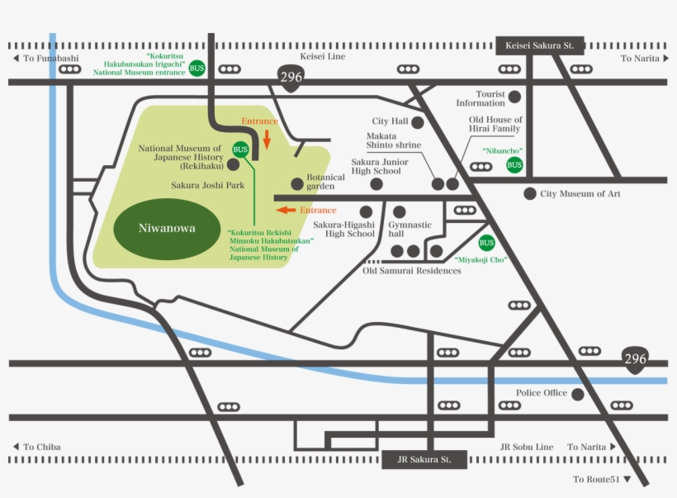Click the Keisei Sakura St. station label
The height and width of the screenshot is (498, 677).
(x=540, y=45)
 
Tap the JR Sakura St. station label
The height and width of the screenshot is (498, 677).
(x=425, y=459)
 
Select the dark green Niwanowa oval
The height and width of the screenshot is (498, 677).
(x=167, y=228)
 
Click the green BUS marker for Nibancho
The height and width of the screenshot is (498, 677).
(x=514, y=165)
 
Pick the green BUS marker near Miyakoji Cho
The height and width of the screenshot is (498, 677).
(x=486, y=243)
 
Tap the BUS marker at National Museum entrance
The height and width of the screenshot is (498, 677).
(x=196, y=68)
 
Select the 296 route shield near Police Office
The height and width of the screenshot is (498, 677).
(x=635, y=360)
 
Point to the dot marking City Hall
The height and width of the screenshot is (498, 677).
(x=418, y=122)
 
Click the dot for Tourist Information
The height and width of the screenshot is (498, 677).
(x=514, y=97)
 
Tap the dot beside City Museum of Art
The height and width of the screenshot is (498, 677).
(x=530, y=193)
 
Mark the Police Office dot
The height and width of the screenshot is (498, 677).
(x=578, y=395)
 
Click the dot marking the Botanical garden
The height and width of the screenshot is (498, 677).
(x=296, y=183)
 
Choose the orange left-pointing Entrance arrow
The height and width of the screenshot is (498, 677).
(x=286, y=210)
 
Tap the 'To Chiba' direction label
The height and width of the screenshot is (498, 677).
(x=39, y=447)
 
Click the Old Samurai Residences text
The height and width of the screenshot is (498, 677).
(x=412, y=270)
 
